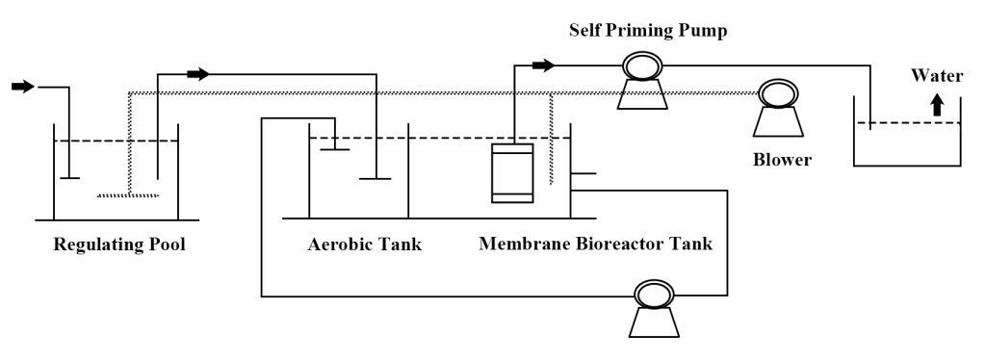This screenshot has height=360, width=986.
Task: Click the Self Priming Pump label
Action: pos(648,31)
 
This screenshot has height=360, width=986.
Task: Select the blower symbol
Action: pos(778,108)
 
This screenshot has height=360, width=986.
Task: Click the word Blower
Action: pos(782,160)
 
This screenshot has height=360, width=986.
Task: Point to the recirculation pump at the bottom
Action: pos(654,308)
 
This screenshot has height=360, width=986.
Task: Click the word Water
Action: pos(937,76)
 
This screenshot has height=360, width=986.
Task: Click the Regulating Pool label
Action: pos(119,244)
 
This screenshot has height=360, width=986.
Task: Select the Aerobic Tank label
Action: pos(365,244)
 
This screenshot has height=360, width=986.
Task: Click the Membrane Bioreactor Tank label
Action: pos(595,244)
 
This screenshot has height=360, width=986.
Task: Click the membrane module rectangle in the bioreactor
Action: pos(512,173)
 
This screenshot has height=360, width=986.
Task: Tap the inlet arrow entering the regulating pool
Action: pos(23,86)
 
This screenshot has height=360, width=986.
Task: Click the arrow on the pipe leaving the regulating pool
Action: pos(198,74)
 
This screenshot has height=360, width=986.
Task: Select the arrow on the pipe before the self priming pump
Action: pos(543,64)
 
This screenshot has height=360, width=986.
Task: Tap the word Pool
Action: pos(168,244)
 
